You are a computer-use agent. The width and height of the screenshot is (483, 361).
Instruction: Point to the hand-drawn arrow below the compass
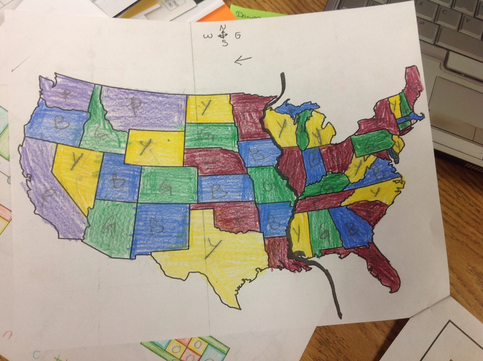click(x=243, y=60)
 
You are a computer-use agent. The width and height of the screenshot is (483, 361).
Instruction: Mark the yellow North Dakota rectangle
click(x=208, y=109)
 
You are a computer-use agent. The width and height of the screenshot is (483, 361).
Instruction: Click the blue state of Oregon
click(x=57, y=124)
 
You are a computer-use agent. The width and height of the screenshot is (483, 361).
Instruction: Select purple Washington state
click(x=66, y=94)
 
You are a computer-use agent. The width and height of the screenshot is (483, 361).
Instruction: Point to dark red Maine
click(x=414, y=88)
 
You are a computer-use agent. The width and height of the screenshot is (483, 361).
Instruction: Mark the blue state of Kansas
click(x=226, y=188)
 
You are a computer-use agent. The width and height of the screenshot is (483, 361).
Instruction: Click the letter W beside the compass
click(x=209, y=36)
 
